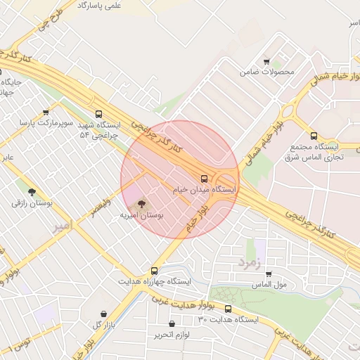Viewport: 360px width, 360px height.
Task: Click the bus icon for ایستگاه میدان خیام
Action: (x=204, y=179)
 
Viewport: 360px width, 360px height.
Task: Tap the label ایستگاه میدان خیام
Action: (x=205, y=190)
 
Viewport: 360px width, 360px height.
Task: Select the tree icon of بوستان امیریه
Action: (x=141, y=205)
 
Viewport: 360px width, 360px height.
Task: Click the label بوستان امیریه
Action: (x=141, y=216)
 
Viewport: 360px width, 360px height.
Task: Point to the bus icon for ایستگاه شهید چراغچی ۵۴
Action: (x=98, y=113)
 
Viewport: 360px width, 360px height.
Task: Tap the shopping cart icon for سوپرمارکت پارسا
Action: (x=46, y=112)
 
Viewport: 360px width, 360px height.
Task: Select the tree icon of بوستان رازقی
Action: (x=31, y=191)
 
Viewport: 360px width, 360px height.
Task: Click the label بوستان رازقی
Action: (x=28, y=202)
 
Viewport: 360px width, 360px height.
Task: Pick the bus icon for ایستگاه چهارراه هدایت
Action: (x=154, y=270)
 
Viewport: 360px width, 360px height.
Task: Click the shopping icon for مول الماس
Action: (x=268, y=274)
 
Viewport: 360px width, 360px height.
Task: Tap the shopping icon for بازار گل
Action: (x=104, y=314)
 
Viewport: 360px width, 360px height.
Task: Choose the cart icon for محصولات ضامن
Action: (x=266, y=61)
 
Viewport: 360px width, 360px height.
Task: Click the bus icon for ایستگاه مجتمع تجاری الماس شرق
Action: (x=314, y=136)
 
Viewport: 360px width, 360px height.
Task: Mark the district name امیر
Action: (x=62, y=226)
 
